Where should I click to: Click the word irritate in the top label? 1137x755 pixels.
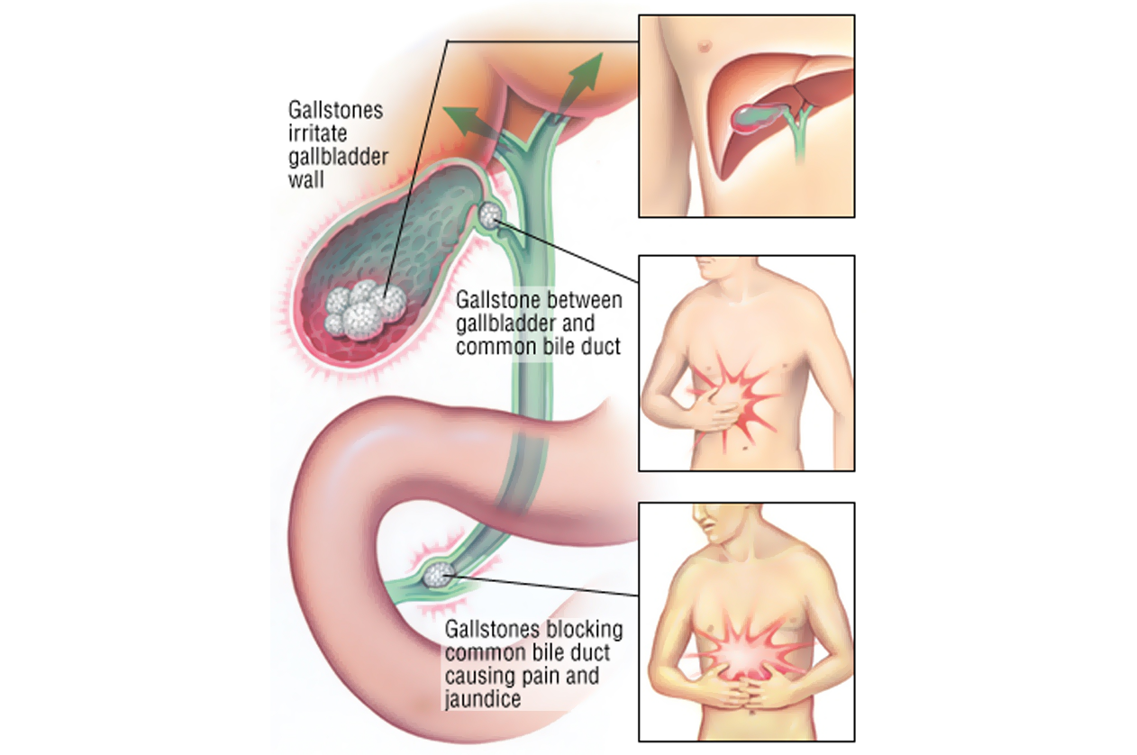[x=313, y=134]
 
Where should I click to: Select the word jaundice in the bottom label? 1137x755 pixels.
[x=483, y=698]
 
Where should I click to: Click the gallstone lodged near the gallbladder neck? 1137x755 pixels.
[x=490, y=215]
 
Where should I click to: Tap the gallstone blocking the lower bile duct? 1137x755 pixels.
[x=439, y=573]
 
